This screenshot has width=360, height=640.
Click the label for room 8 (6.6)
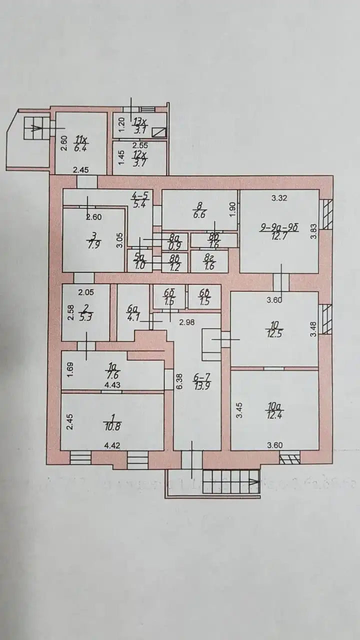[199, 210]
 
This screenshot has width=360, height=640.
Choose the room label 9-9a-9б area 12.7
[279, 232]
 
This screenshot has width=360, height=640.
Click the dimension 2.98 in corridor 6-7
[186, 322]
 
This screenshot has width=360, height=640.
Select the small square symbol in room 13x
[159, 132]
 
